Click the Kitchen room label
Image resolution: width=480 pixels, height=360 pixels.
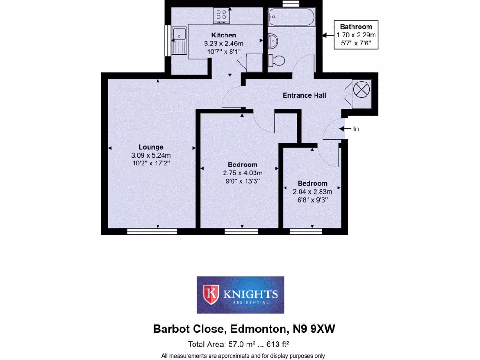coord(224,35)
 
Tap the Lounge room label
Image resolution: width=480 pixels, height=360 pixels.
coord(150,147)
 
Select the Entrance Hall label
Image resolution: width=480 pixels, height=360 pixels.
coord(304,95)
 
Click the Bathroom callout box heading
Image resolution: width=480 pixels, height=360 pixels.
coord(356,27)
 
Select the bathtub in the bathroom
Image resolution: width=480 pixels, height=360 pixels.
coord(291,17)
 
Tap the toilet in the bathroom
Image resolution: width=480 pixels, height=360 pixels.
coord(276,60)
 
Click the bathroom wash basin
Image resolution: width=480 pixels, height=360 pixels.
coord(272,42)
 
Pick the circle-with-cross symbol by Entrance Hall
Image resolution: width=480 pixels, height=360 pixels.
coord(361,89)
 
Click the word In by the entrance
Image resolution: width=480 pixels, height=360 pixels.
coord(356,128)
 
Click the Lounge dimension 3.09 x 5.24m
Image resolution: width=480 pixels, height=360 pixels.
coord(150,156)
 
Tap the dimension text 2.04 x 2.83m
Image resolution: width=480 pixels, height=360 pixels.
coord(312,191)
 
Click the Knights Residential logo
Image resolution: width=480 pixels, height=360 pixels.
coord(240,295)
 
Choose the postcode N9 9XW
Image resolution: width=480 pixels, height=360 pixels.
coord(315,330)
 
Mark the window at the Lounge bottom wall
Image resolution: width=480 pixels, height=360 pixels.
coord(152,232)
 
